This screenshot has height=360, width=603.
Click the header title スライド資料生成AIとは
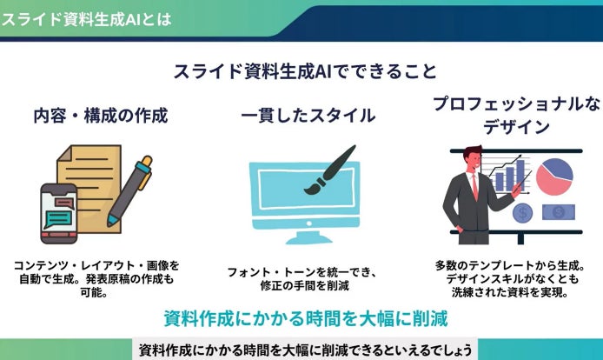[86, 19]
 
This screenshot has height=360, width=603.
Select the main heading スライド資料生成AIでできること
[305, 71]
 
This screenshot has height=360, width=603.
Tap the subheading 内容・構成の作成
[101, 116]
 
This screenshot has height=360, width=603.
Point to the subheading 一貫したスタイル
[308, 116]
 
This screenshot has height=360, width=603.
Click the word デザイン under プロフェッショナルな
[516, 127]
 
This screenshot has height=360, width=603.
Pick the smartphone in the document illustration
[59, 213]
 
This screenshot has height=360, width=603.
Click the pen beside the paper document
[130, 190]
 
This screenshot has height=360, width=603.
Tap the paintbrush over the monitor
[330, 170]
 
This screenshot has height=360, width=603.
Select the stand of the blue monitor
[308, 237]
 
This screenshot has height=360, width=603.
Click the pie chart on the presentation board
[554, 177]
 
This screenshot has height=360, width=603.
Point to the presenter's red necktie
[475, 186]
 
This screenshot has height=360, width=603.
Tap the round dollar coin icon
[522, 212]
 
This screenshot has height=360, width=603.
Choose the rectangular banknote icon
[559, 212]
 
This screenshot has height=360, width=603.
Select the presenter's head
[473, 158]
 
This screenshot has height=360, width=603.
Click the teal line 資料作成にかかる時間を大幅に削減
[306, 319]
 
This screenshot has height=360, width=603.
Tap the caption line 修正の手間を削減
[304, 286]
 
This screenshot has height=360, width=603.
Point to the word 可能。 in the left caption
[94, 292]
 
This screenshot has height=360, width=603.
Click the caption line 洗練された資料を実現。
[510, 292]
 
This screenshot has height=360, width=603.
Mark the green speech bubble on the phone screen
[57, 219]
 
